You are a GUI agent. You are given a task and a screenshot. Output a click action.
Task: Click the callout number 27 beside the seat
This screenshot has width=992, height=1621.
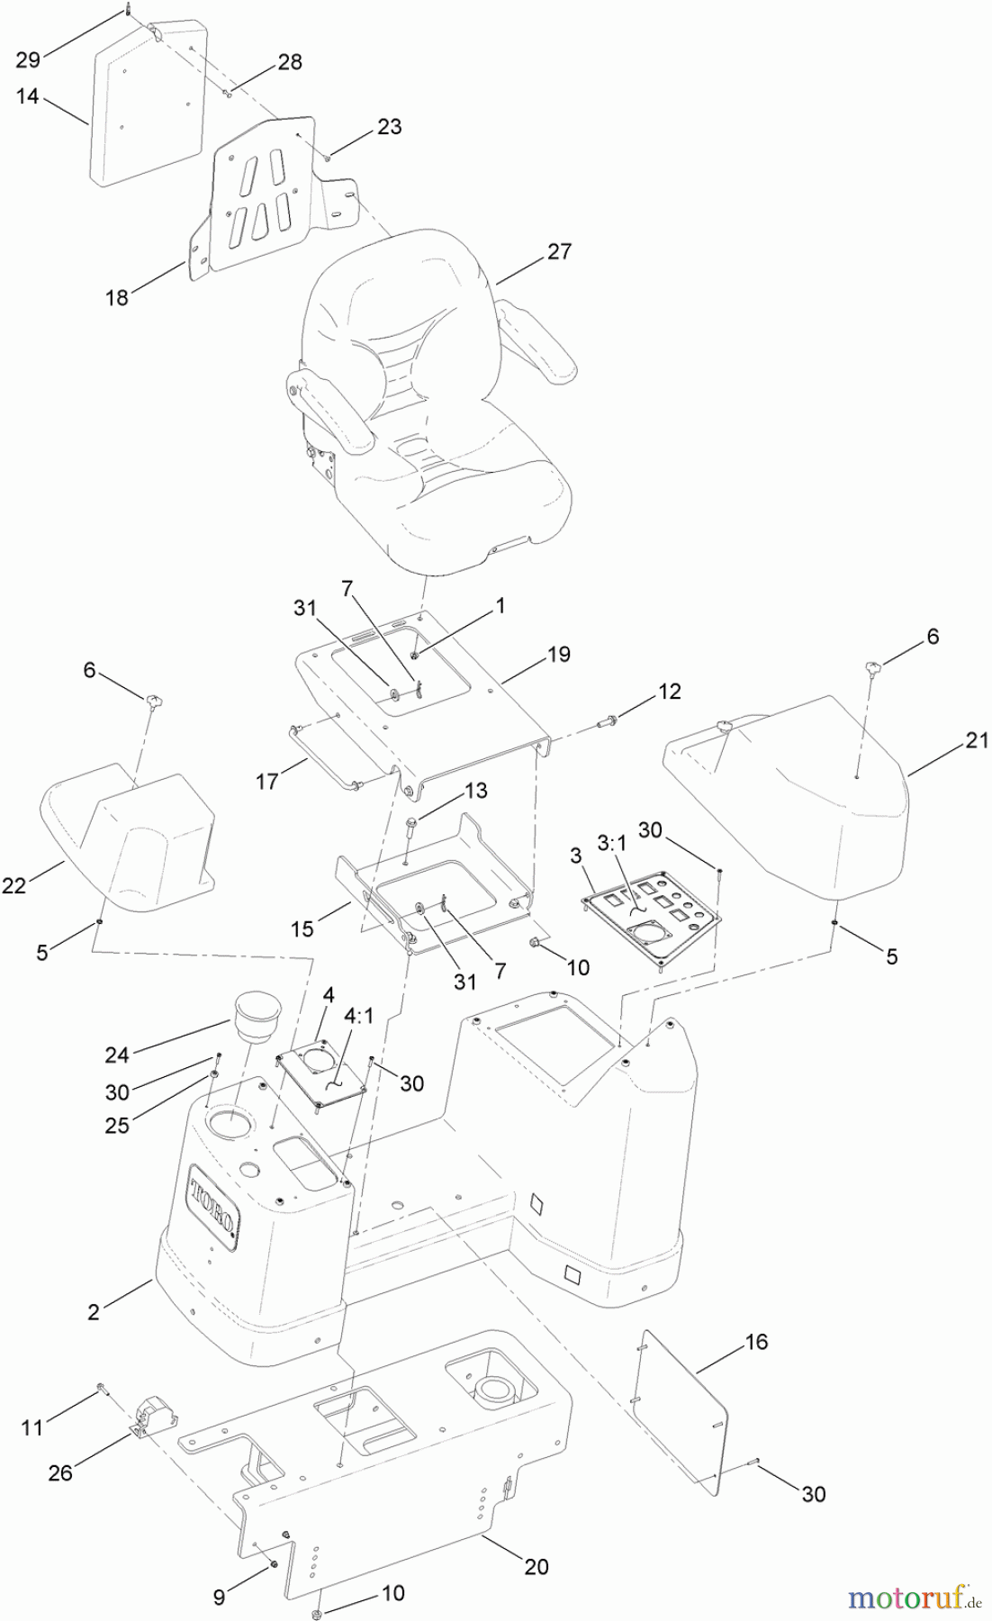(x=559, y=251)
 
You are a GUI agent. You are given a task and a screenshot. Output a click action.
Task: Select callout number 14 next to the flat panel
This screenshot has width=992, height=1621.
(x=28, y=95)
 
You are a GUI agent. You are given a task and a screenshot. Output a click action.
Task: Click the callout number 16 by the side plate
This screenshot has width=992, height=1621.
(x=756, y=1342)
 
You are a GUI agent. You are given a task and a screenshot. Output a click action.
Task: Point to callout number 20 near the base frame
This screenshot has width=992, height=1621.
(x=536, y=1568)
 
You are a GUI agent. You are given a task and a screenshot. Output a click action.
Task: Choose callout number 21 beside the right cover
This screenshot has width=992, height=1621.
(x=976, y=740)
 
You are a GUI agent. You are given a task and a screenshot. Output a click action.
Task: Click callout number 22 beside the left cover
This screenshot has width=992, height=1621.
(x=14, y=885)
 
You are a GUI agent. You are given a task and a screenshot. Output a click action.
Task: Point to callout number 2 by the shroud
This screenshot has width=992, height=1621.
(x=94, y=1312)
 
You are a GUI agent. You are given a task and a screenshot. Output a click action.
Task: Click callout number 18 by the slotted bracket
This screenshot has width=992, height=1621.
(x=117, y=297)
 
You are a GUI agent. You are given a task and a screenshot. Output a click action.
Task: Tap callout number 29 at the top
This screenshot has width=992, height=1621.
(x=28, y=59)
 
